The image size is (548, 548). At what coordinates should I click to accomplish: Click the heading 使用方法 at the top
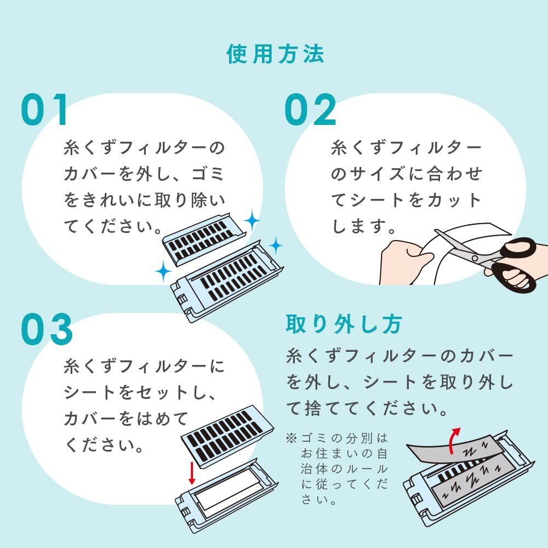(x=275, y=54)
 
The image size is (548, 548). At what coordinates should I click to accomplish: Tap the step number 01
(x=44, y=110)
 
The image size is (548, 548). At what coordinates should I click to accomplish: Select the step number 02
(x=310, y=110)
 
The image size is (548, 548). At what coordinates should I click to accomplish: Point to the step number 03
(x=47, y=329)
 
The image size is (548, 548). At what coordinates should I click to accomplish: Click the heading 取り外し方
(x=344, y=324)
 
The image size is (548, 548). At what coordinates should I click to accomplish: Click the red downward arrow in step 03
(x=191, y=472)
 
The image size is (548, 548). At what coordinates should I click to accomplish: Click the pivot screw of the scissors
(x=475, y=258)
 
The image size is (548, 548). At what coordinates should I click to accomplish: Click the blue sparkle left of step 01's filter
(x=163, y=271)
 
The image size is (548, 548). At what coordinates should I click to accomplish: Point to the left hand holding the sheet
(x=406, y=262)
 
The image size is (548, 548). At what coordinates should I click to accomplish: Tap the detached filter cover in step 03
(x=227, y=436)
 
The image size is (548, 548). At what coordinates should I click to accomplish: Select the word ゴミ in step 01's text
(x=208, y=174)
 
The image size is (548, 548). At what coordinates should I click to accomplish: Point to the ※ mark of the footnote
(x=291, y=437)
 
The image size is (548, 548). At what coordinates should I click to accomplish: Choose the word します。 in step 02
(x=364, y=226)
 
